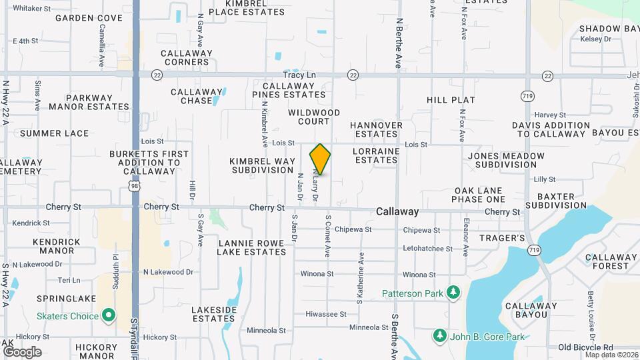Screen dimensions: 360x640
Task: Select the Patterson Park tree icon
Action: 453,293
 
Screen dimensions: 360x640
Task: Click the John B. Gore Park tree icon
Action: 439,335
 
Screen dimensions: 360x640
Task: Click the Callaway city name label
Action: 397,211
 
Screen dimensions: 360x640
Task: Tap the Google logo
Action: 22,351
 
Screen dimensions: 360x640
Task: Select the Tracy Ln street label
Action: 299,75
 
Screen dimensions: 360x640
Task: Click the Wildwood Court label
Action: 314,117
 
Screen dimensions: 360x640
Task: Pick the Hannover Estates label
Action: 376,129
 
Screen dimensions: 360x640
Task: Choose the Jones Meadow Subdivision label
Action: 506,160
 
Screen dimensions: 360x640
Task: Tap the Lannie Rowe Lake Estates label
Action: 252,247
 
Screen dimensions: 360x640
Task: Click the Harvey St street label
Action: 550,115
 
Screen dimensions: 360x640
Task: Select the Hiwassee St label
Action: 326,314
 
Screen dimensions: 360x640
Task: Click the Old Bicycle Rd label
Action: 585,347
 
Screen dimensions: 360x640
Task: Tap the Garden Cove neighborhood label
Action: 89,18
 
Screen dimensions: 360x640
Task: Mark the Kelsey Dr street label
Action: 596,39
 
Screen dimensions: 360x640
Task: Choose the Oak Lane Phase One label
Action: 478,195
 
